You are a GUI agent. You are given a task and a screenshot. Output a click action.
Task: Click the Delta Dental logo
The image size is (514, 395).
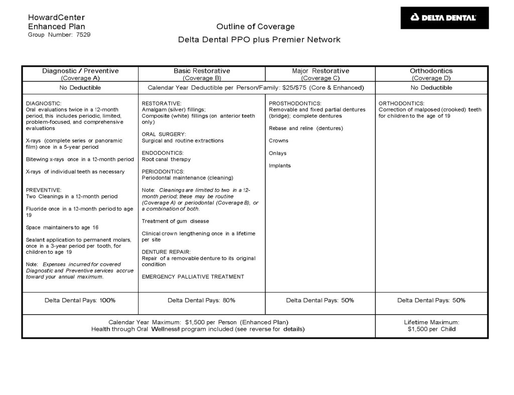click(x=444, y=18)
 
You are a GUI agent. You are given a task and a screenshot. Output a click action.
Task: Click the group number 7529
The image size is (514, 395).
click(x=83, y=35)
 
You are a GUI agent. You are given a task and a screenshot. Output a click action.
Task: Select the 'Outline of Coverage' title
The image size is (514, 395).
click(x=255, y=27)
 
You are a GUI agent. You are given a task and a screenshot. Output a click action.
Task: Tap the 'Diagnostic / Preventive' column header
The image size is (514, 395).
click(x=80, y=71)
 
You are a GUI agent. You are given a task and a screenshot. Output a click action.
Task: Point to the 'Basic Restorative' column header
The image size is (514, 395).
click(x=202, y=71)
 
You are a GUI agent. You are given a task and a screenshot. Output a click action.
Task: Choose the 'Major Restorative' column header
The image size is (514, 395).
click(x=320, y=71)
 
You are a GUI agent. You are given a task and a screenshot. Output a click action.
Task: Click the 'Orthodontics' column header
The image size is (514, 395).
click(x=431, y=71)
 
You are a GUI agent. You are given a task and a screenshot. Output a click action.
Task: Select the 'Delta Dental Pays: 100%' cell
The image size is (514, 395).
click(x=80, y=300)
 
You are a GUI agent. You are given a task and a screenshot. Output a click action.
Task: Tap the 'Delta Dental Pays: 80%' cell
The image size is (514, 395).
click(x=201, y=300)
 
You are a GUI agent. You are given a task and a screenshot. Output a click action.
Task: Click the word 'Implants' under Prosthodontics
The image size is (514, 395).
click(x=280, y=166)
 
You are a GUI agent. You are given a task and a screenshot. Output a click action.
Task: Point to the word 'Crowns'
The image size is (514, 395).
click(x=279, y=141)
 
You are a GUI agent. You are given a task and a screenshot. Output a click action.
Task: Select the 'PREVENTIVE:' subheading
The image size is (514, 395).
click(x=43, y=190)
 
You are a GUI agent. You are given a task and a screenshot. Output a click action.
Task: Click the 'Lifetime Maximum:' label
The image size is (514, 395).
click(x=431, y=322)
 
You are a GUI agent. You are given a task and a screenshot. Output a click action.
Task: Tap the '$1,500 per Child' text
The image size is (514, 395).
click(x=431, y=329)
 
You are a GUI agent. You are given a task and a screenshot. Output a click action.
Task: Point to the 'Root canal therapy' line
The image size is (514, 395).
click(x=166, y=159)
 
